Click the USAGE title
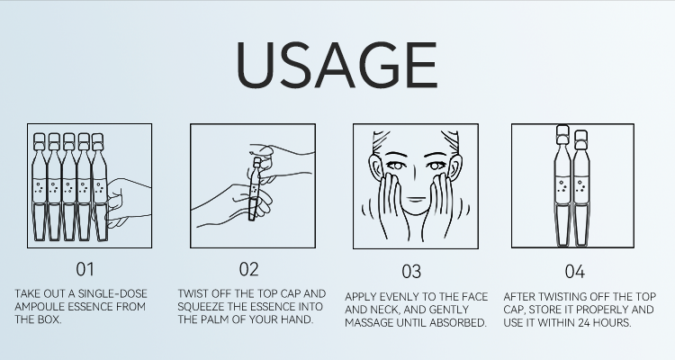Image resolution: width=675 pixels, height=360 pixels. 337,65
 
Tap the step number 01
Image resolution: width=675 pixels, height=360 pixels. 85,269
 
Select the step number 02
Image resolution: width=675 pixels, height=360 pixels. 248,269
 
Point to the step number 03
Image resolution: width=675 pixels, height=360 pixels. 411,272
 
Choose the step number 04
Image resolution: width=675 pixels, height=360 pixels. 575,272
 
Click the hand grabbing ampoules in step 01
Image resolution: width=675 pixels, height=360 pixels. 128,202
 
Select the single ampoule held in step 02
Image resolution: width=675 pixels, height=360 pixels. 254,189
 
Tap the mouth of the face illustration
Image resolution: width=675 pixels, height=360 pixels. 416,199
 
